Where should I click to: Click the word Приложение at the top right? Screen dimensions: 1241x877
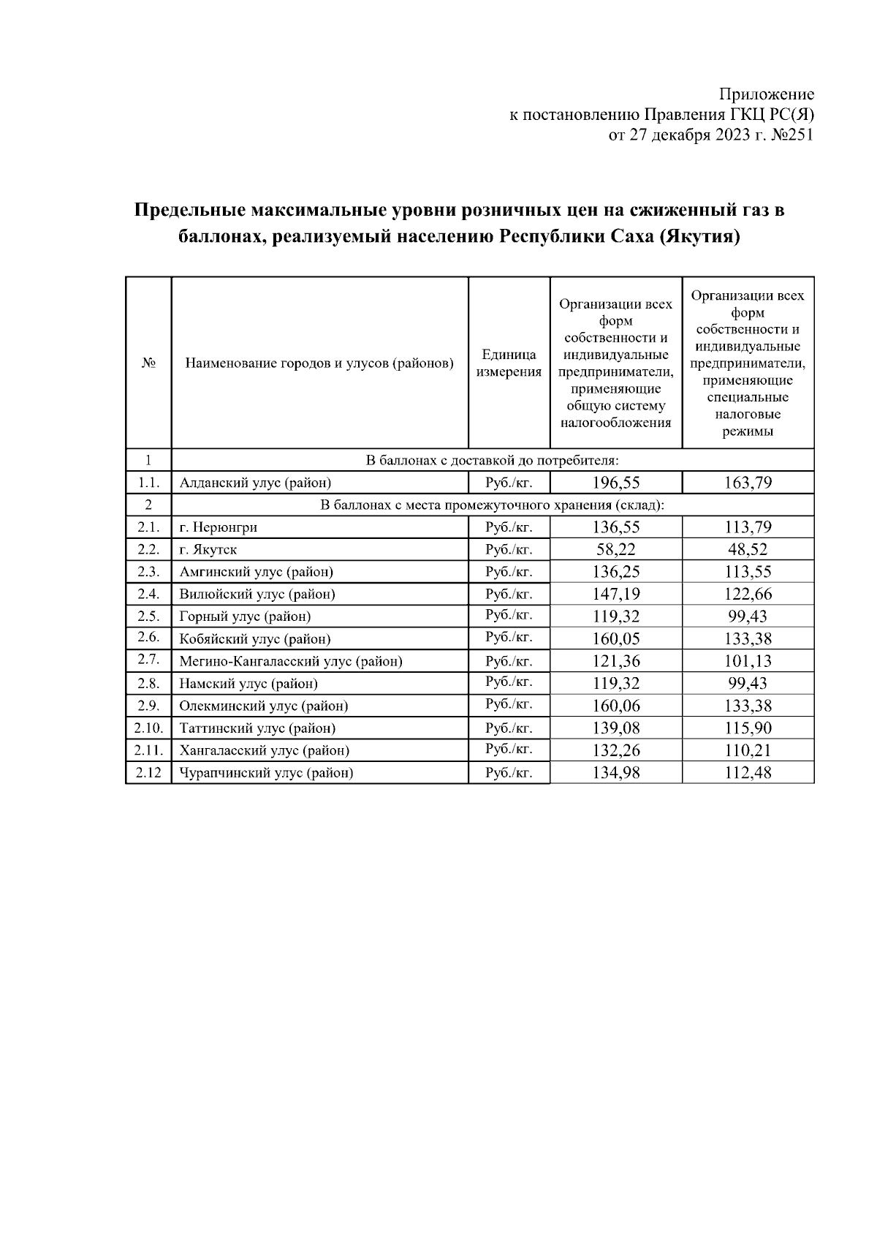click(x=766, y=94)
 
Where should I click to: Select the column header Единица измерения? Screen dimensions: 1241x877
click(x=509, y=363)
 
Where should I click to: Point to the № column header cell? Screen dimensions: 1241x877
click(x=148, y=363)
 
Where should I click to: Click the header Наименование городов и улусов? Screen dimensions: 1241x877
click(x=319, y=363)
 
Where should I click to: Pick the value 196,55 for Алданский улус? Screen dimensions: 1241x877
click(x=616, y=483)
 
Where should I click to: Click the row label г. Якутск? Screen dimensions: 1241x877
click(x=208, y=549)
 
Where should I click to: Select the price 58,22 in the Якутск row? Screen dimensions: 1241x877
click(x=616, y=549)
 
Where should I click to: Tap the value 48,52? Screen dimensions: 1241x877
click(x=748, y=549)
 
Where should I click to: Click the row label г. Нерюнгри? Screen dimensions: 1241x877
click(x=219, y=527)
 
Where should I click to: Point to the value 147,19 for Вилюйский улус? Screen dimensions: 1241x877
click(x=616, y=594)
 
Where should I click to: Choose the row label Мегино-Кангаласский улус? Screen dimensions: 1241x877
click(x=291, y=661)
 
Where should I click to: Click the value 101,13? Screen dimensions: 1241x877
click(x=748, y=661)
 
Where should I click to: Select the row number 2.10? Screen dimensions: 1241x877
click(x=148, y=728)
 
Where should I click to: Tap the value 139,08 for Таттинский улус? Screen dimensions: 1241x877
click(x=616, y=728)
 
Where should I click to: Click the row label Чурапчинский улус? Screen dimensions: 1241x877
click(x=266, y=773)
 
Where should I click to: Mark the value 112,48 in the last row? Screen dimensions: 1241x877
click(x=748, y=773)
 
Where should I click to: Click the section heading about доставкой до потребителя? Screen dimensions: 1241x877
click(x=492, y=460)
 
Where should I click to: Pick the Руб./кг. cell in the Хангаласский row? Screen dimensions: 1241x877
click(x=509, y=750)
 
